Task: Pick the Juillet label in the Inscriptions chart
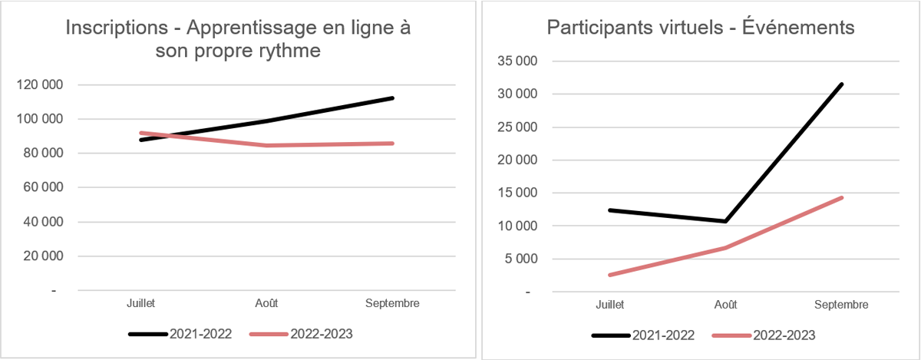tap(140, 303)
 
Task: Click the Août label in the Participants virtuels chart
tap(725, 305)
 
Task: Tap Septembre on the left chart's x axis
tap(392, 303)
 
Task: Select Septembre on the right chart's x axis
tap(841, 305)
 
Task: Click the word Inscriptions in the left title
tap(116, 28)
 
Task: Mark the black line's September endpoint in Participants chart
tap(842, 84)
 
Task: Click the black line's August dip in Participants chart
tap(725, 221)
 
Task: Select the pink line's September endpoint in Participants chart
tap(842, 198)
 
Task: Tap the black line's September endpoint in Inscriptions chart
tap(392, 98)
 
